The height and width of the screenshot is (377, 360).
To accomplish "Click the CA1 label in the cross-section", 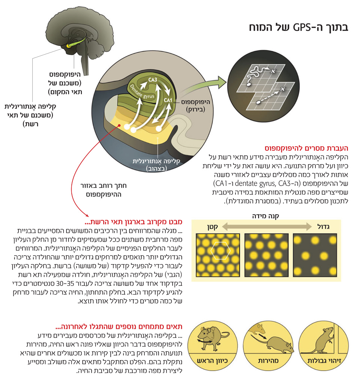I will click(x=168, y=101).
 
